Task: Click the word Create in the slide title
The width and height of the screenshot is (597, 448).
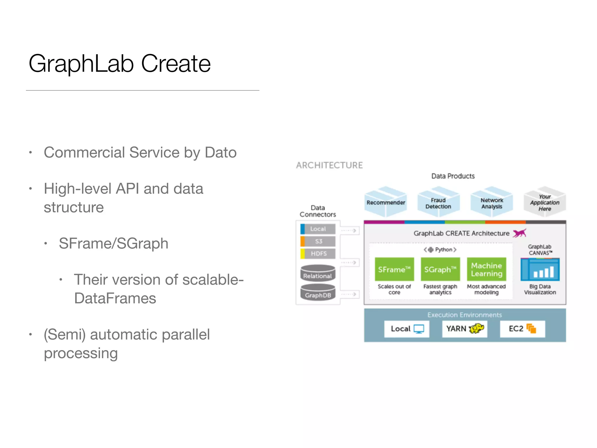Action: click(x=176, y=64)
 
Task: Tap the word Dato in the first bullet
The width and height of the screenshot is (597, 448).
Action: click(x=220, y=153)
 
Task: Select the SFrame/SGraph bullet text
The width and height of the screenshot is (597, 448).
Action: click(x=113, y=244)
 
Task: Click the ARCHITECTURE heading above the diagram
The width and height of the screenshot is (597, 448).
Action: click(x=329, y=165)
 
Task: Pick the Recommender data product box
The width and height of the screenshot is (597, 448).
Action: click(x=386, y=202)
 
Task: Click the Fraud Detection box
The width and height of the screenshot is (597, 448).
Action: click(x=438, y=203)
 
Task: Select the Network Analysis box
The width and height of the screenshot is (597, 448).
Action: click(x=492, y=203)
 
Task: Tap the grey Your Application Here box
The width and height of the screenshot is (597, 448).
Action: click(x=545, y=202)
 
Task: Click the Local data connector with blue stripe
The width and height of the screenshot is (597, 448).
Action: click(x=318, y=229)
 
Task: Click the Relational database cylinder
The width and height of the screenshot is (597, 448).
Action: click(x=318, y=273)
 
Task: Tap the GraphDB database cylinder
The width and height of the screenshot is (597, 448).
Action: click(x=318, y=293)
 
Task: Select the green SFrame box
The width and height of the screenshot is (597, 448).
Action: click(x=394, y=269)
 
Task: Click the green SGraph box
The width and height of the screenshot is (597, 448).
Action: click(x=440, y=269)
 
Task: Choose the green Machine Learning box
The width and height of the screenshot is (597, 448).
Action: click(x=487, y=269)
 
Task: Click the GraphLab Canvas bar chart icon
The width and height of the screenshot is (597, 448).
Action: click(x=540, y=270)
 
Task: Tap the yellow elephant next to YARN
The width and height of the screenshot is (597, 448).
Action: click(x=477, y=328)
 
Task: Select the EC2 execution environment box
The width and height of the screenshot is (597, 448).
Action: click(x=522, y=329)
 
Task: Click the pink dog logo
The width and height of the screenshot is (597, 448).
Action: click(x=519, y=233)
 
